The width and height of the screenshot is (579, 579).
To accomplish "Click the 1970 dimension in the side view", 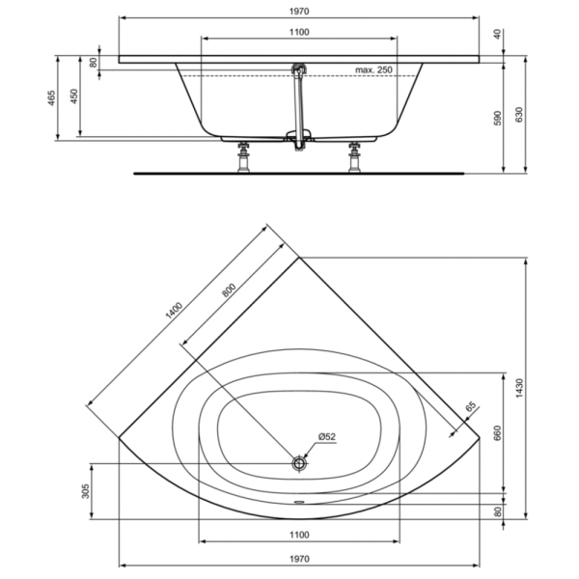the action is tap(299, 12).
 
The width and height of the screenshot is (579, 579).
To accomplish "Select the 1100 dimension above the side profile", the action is tap(299, 33).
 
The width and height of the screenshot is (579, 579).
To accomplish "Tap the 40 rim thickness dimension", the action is tap(497, 35).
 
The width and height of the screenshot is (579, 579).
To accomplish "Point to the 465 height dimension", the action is tap(52, 97).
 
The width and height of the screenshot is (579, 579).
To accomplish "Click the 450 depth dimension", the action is tap(74, 96).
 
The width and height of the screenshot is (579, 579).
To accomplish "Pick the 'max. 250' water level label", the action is tap(373, 69).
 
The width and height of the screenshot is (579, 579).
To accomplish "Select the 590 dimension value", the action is tap(497, 118).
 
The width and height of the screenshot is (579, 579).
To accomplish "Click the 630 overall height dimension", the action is tap(519, 115).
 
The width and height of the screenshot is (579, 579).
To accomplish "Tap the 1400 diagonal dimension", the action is tap(174, 311).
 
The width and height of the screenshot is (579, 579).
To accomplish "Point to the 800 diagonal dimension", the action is tap(229, 290).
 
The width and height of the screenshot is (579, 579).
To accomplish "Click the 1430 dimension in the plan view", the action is tap(519, 388).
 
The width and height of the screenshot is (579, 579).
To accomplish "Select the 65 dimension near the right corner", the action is tap(471, 407).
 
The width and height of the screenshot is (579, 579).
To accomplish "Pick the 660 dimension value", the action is tap(497, 433).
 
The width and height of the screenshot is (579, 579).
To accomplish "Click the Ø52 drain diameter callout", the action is tap(327, 437).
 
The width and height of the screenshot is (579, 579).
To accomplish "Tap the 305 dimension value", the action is tap(85, 491).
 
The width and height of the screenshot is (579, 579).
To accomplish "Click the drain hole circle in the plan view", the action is tap(299, 463).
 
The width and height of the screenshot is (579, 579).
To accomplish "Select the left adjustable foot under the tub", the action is tap(244, 157).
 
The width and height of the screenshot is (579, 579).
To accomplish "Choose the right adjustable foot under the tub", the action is tap(354, 157).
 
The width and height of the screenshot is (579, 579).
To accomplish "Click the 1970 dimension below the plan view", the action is tap(299, 559).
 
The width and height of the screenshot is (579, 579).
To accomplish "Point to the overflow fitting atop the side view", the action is tap(299, 69).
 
